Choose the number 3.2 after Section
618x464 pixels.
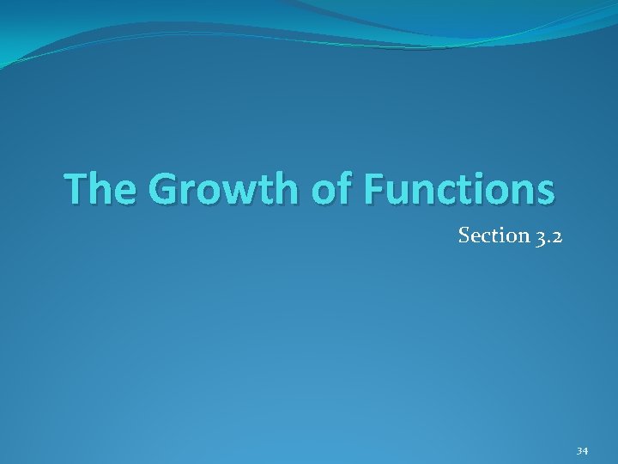pyautogui.click(x=546, y=235)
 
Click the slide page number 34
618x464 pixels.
pyautogui.click(x=582, y=450)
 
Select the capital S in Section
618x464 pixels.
pyautogui.click(x=464, y=235)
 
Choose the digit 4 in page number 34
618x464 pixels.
pyautogui.click(x=585, y=450)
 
